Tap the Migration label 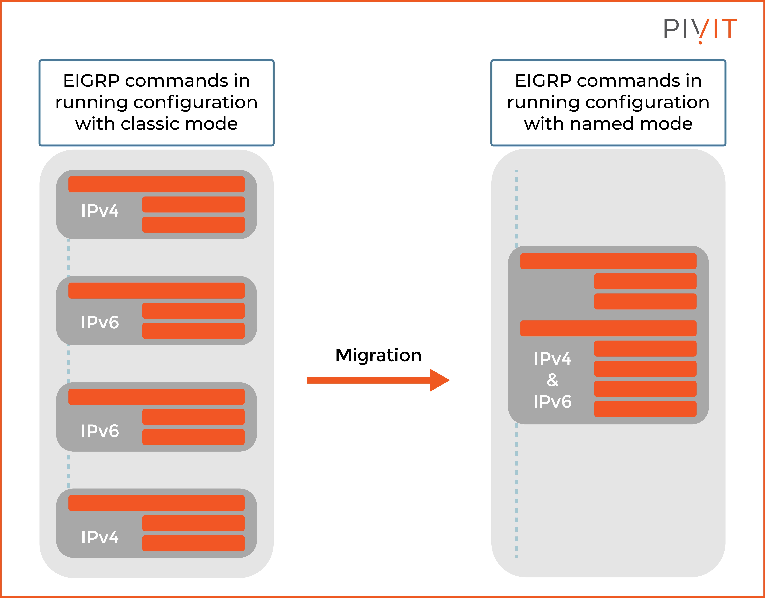click(x=378, y=355)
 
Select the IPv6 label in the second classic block click(x=100, y=322)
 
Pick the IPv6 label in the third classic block click(x=100, y=431)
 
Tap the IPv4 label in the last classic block click(x=100, y=537)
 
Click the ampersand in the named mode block click(x=552, y=380)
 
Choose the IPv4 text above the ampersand click(x=552, y=359)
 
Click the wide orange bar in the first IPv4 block click(x=156, y=184)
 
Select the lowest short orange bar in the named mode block click(x=645, y=409)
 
